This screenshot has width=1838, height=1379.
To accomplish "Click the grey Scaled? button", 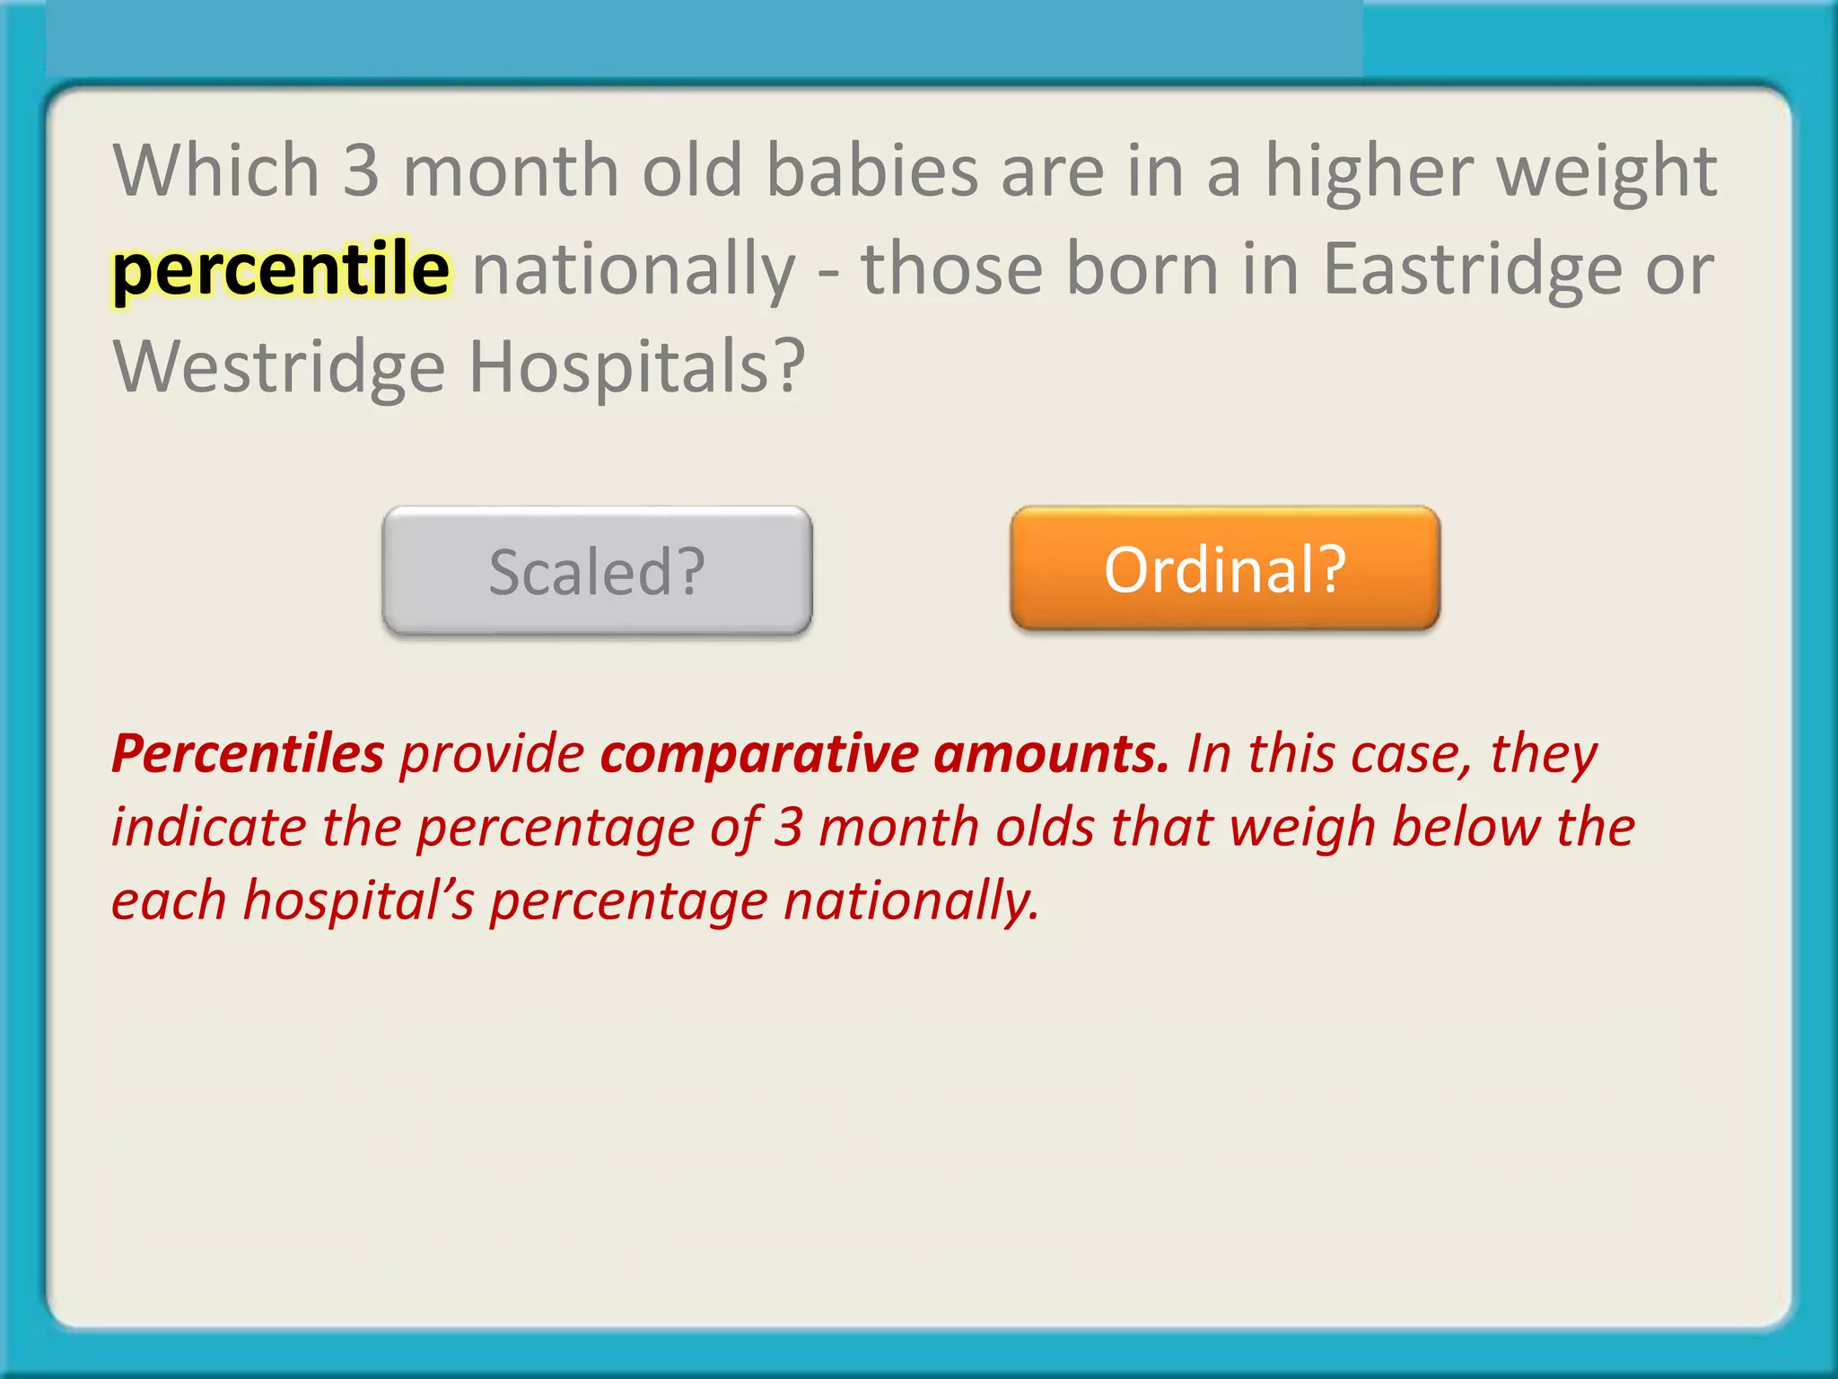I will tap(597, 571).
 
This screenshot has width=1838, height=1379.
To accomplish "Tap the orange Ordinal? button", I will tap(1225, 569).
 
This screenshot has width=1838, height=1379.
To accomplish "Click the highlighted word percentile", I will tap(281, 269).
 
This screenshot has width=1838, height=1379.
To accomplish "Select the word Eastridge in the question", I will tap(1472, 269).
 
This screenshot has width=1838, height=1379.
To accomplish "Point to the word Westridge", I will tap(279, 368).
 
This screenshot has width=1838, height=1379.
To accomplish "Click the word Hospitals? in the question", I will tap(637, 366).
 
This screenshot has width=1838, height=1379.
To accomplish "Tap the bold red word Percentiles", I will tap(248, 752).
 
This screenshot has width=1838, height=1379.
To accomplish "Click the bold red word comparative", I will tap(759, 754).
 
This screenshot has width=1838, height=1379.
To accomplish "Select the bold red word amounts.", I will tap(1052, 752).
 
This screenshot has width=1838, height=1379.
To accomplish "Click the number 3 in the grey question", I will tap(361, 171).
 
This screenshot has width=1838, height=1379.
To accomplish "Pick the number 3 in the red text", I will tap(788, 826).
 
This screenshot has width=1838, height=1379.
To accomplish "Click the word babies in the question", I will tap(871, 171).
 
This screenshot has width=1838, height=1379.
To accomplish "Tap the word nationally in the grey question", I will tap(634, 269).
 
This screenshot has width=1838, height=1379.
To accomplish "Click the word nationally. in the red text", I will tap(911, 900).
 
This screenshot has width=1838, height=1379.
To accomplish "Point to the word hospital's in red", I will tap(358, 900).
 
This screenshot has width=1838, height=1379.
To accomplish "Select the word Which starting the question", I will tap(216, 171).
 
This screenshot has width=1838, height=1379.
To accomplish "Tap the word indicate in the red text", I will tap(208, 826).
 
